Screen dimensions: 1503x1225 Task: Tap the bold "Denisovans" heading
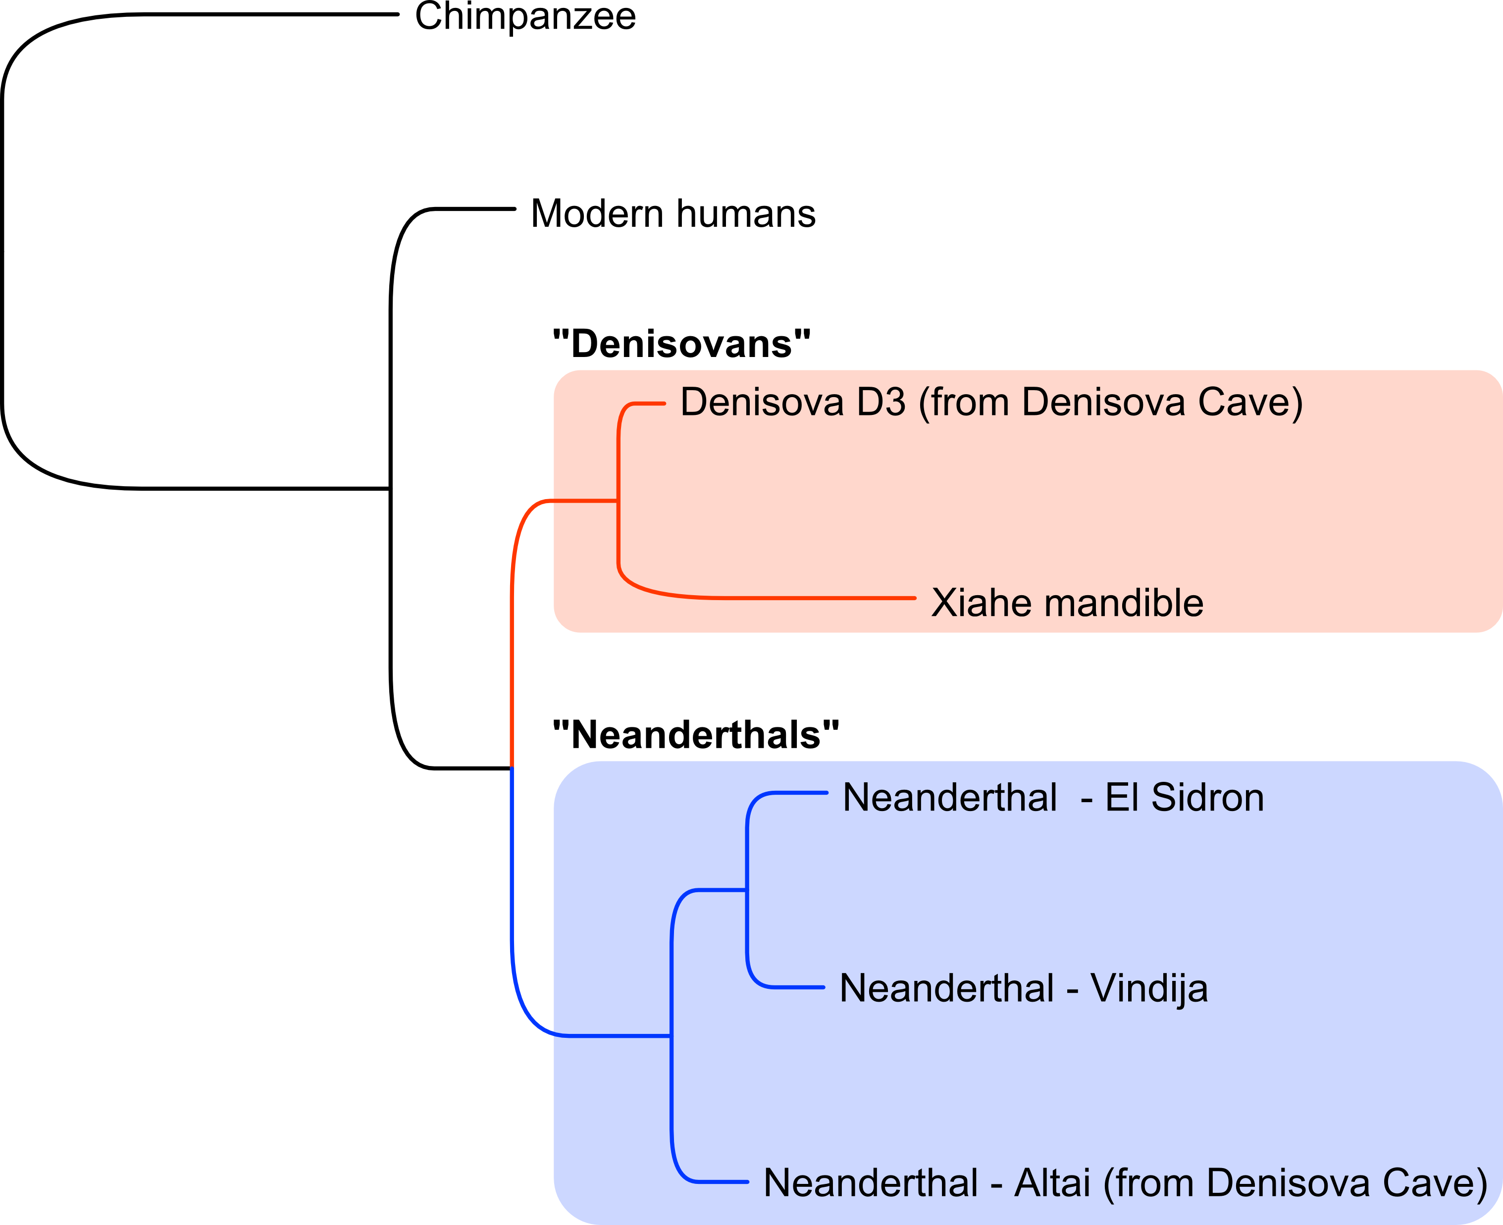681,344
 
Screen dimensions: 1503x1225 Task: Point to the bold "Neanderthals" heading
696,735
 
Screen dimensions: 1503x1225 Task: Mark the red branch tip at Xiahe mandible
915,598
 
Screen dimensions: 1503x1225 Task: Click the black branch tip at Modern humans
515,209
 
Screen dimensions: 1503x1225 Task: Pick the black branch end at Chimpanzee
398,14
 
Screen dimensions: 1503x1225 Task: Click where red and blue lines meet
512,768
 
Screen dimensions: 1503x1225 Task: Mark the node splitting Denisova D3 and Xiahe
618,501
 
